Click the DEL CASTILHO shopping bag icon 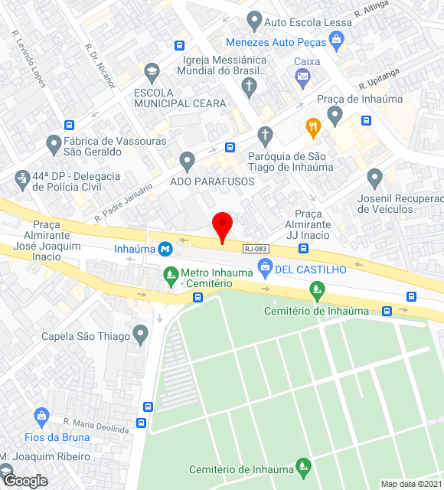[266, 266]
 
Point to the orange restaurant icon [312, 127]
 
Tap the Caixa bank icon [303, 75]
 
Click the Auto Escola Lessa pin [254, 21]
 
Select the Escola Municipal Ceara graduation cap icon [152, 73]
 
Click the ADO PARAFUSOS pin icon [187, 161]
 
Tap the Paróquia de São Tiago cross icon [265, 136]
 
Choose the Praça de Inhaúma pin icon [334, 115]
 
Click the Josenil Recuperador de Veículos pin [374, 178]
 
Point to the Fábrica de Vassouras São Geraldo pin [54, 142]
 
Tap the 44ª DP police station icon [21, 180]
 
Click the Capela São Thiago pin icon [139, 333]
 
